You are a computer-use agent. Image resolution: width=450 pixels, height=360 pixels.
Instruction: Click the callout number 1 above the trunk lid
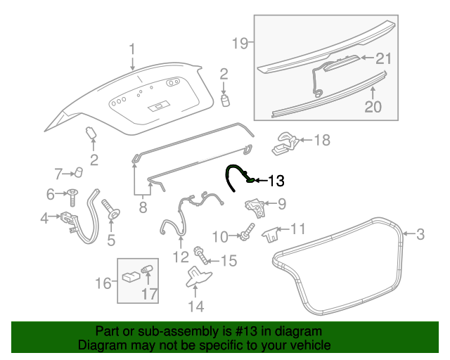[x=131, y=49]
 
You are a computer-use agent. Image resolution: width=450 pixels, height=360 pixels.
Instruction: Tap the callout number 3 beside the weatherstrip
[x=420, y=234]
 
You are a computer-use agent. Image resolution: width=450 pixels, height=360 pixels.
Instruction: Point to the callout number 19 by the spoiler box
[x=240, y=44]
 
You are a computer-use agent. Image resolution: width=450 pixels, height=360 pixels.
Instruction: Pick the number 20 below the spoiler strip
[x=373, y=107]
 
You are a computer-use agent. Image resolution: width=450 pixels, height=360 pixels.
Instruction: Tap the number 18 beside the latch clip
[x=321, y=141]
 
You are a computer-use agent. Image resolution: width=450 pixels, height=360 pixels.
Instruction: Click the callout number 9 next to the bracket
[x=281, y=205]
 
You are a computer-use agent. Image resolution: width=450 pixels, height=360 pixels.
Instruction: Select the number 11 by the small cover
[x=298, y=229]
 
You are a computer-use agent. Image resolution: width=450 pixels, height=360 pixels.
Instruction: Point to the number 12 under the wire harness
[x=182, y=256]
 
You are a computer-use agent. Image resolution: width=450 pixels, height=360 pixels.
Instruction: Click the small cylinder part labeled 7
[x=79, y=172]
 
